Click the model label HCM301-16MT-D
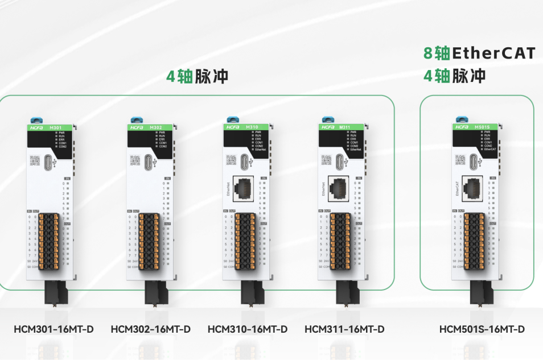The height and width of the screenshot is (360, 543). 54,329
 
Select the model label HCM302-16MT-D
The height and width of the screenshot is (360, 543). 150,329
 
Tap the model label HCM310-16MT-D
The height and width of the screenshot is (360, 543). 248,329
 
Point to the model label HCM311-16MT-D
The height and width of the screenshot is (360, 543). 344,329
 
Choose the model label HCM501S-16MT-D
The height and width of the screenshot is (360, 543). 482,329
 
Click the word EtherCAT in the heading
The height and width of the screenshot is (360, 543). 493,53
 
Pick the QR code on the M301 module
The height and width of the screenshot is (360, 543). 34,160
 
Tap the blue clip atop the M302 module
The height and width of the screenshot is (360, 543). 137,119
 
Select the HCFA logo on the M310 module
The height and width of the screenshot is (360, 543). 232,127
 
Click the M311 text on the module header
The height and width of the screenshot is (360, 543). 344,127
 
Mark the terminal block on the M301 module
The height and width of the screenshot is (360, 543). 50,241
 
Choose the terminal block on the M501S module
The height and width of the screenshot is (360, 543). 475,241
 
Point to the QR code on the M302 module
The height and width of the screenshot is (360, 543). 135,160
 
